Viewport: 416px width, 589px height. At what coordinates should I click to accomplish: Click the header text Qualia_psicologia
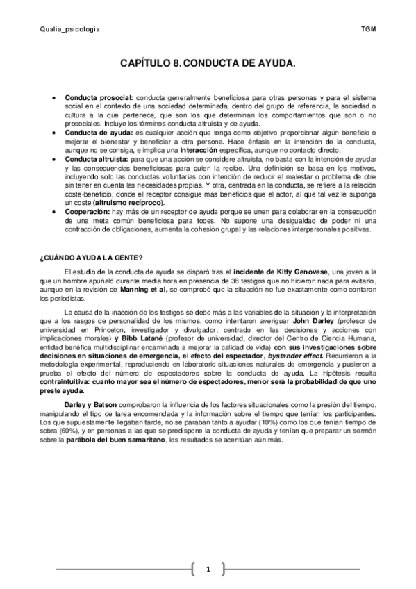click(70, 30)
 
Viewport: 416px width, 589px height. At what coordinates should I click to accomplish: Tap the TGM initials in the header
click(368, 30)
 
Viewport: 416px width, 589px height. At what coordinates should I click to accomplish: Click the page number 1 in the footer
click(208, 570)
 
